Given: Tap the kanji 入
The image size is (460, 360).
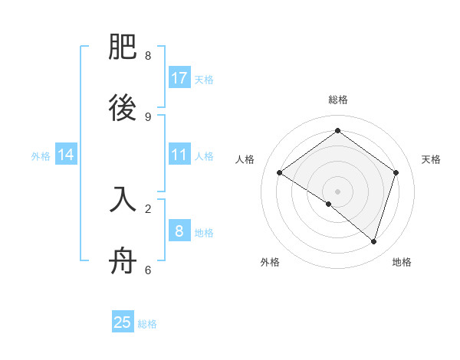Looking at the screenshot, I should click(x=123, y=199).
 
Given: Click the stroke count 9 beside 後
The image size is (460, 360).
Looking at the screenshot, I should click(x=148, y=116).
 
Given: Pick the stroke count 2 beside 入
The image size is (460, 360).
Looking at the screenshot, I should click(x=148, y=208).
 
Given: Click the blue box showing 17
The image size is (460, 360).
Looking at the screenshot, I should click(x=179, y=78).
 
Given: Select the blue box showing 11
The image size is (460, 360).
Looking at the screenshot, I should click(x=179, y=155).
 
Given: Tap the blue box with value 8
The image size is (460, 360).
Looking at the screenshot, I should click(x=179, y=231).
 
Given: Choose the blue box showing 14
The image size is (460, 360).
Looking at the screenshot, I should click(x=66, y=155).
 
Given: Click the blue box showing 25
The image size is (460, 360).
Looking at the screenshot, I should click(x=123, y=322).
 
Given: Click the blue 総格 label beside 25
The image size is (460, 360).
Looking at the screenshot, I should click(x=147, y=324).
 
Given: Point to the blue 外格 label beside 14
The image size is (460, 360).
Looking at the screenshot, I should click(x=41, y=155).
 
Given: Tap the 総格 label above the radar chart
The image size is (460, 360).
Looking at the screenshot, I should click(x=338, y=100).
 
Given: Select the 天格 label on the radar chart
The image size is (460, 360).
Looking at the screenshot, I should click(x=431, y=159).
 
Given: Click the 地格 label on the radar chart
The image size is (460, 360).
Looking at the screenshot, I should click(x=402, y=262).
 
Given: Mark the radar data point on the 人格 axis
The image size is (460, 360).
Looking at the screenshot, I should click(x=279, y=173).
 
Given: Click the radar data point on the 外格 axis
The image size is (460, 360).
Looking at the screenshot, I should click(x=329, y=204).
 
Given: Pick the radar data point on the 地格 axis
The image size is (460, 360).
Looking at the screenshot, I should click(x=373, y=241).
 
